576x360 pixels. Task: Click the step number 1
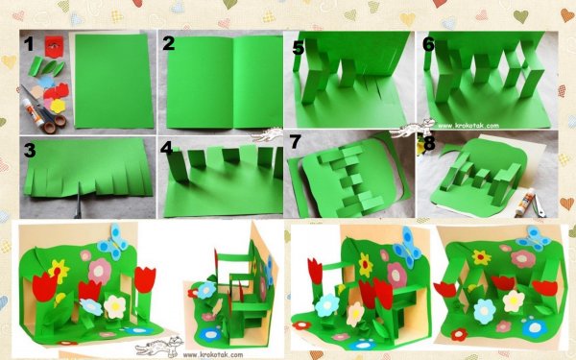tap(29, 44)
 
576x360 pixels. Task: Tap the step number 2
tap(168, 43)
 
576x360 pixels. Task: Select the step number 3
tap(30, 150)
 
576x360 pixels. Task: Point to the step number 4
tap(166, 148)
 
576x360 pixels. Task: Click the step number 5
tap(299, 48)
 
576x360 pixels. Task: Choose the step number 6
tap(428, 44)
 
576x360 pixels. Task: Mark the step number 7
tap(295, 142)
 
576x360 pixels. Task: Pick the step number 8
tap(429, 144)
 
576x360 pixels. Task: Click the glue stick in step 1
tap(33, 112)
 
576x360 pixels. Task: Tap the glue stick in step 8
tap(522, 202)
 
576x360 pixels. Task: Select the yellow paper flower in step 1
tap(58, 107)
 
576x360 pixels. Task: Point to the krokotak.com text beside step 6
tap(468, 126)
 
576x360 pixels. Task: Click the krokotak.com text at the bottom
tap(213, 355)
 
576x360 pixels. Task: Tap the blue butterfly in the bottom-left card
tap(113, 243)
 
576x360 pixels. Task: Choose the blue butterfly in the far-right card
tap(534, 238)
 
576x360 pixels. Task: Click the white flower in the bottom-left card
tap(114, 306)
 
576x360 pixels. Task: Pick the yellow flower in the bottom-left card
tap(59, 271)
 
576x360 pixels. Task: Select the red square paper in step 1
tap(55, 46)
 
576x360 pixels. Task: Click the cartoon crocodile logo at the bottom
tap(159, 347)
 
